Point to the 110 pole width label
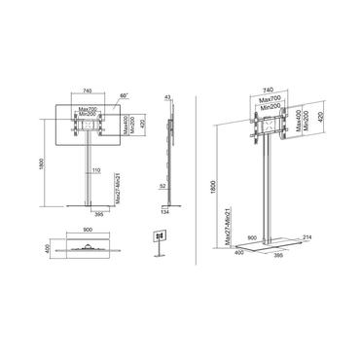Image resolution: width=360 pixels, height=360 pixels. coord(95,171)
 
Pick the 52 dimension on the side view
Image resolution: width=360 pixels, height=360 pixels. coord(166,188)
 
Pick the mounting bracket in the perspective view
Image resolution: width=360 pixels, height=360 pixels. coord(265,127)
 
